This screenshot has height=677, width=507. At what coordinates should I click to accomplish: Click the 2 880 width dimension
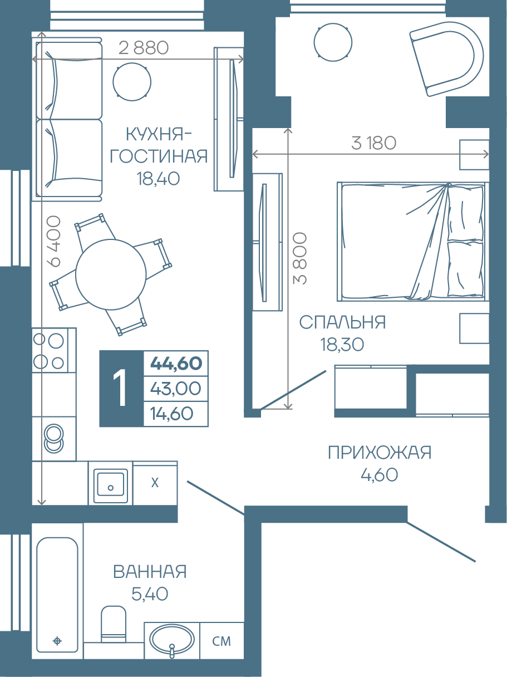(x=144, y=48)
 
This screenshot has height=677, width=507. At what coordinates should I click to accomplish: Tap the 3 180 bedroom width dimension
(x=373, y=143)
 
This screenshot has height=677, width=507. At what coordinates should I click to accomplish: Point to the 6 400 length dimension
(x=53, y=241)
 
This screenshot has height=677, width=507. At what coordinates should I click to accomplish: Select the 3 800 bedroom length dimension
(x=300, y=258)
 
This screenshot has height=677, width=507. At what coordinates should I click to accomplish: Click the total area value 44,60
(x=176, y=363)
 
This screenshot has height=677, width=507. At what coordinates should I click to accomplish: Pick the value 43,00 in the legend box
(x=175, y=388)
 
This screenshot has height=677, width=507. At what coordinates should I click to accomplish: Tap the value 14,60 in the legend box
(x=171, y=414)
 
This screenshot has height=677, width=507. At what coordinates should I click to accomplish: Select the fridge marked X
(x=155, y=483)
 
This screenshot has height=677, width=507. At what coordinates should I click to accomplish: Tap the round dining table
(x=111, y=274)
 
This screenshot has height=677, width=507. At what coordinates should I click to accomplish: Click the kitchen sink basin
(x=111, y=483)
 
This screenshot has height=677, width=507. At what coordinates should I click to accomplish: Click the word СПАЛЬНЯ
(x=342, y=322)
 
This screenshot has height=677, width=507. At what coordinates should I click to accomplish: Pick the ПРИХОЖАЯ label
(x=380, y=453)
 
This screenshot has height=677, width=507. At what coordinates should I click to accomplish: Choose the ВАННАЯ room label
(x=150, y=572)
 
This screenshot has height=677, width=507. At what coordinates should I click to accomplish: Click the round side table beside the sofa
(x=132, y=82)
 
